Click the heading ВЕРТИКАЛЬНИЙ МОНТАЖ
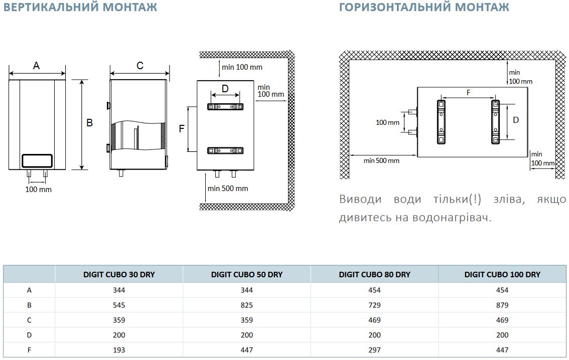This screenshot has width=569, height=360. coord(80,8)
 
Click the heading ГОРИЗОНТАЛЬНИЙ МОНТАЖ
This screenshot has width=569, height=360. coord(424,8)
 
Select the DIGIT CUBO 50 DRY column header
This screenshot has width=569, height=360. coord(246,274)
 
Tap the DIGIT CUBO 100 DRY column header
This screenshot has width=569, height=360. coord(502,274)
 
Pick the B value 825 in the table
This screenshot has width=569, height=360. coord(246,305)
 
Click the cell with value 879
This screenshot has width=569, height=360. coord(502,305)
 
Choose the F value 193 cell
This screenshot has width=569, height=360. coord(119,350)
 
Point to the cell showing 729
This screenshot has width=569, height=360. coord(374,305)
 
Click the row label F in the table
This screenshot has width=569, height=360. coord(29,350)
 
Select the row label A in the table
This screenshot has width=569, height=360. coord(29,290)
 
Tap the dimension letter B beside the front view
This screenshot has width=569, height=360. coord(90,123)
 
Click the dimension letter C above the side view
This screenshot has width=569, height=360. coord(140,66)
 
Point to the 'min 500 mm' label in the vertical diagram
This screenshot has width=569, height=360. coord(228,189)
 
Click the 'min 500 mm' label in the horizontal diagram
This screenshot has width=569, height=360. coord(381,160)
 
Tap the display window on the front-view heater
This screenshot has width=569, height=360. coord(37,160)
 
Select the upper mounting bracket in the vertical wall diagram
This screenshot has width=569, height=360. coord(225,107)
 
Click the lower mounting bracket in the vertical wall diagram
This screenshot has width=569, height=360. coord(225,150)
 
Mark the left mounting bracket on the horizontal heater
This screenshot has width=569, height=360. coord(441,122)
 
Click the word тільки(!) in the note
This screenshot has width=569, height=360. coord(457,200)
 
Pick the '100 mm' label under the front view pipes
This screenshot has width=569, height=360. coord(39,190)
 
